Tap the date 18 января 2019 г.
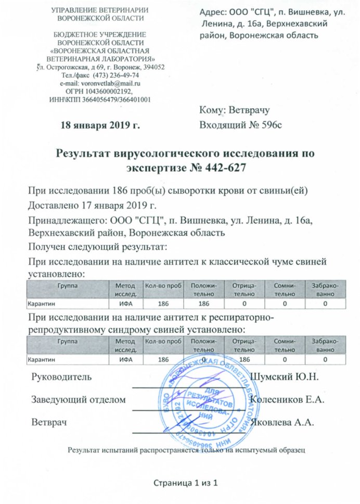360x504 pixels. tap(100, 125)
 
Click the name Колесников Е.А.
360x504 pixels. tap(287, 399)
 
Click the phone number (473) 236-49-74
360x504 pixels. tap(115, 75)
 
